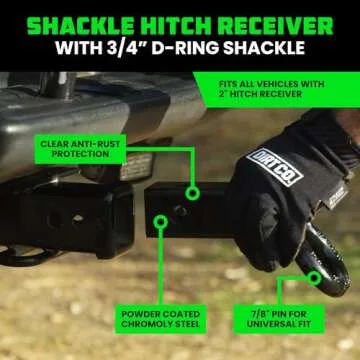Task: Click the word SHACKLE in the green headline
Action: click(x=81, y=26)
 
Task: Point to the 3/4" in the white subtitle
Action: click(x=124, y=49)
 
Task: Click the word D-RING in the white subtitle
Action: click(x=185, y=49)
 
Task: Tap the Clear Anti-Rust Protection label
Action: click(x=80, y=149)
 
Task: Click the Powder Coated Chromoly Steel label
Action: click(x=161, y=319)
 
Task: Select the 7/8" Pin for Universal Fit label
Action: click(x=278, y=319)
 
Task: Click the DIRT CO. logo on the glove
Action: click(x=275, y=167)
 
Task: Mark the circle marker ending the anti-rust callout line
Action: click(x=192, y=193)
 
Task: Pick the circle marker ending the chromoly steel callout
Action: click(x=161, y=222)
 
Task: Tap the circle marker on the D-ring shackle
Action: click(x=314, y=279)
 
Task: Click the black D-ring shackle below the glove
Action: click(x=323, y=263)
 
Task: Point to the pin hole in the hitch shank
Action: click(x=180, y=211)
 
